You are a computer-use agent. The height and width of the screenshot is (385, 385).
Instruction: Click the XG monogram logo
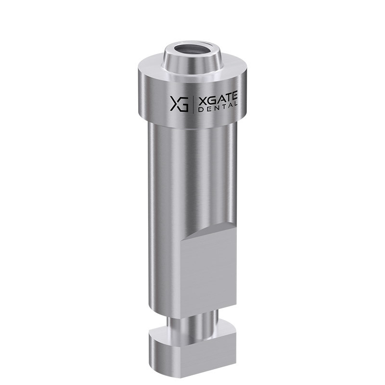pos(180,103)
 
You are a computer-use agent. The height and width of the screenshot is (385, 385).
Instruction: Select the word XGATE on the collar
pos(218,97)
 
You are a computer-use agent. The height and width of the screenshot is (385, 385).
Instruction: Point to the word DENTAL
pos(218,107)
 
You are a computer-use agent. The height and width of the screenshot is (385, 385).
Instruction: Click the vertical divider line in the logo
pos(193,104)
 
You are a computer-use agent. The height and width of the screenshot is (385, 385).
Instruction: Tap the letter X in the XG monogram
pos(175,103)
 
